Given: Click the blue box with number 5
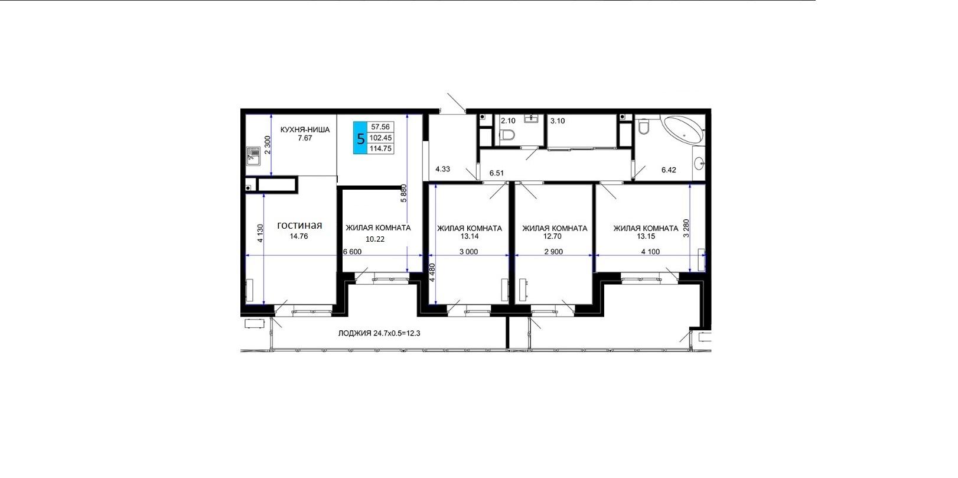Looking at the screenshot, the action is pos(360,138).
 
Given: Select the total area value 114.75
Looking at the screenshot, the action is pos(380,148).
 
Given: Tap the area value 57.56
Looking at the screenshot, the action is pos(380,126).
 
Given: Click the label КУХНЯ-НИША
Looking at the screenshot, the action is pos(305,129).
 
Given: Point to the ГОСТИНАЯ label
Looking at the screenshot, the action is pos(299,226).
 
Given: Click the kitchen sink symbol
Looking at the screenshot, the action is pos(253,156).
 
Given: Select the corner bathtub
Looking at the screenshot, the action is pos(683,129).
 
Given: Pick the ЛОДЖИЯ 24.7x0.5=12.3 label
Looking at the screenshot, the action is pos(379,333).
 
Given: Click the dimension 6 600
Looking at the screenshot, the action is pos(352,252).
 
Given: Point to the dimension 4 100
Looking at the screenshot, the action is pos(650,252).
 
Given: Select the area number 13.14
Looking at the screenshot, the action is pos(469,236).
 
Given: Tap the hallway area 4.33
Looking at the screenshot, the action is pos(442,169).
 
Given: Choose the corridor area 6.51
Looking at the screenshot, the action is pos(497,173).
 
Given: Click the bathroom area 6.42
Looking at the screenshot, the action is pos(669,170).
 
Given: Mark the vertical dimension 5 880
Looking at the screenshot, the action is pos(403,193).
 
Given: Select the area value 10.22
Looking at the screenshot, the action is pos(375,239).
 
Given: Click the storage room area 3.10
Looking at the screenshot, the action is pos(558,121).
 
